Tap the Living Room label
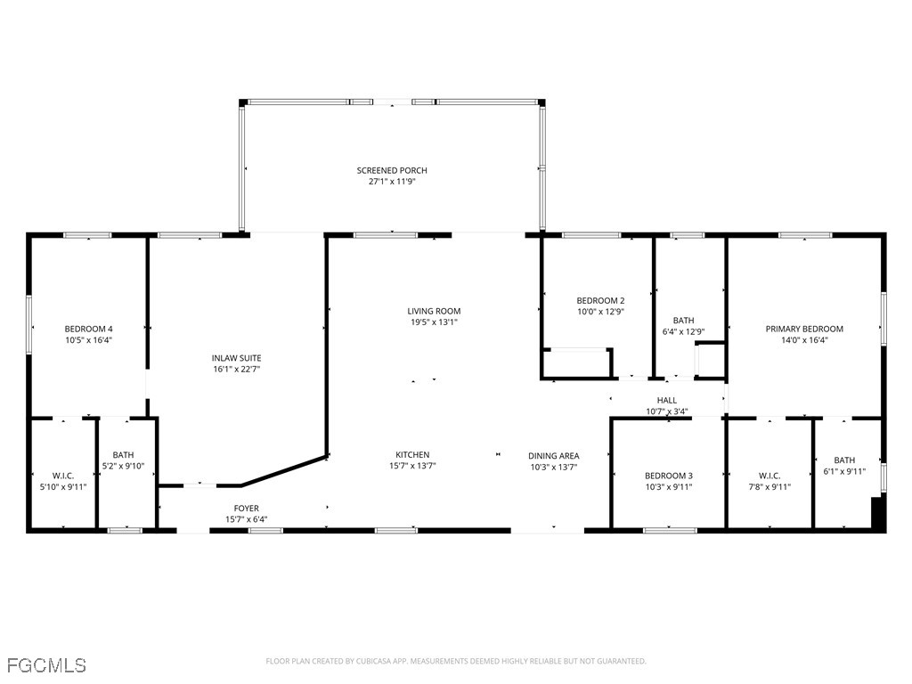(x=434, y=311)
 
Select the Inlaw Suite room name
(x=236, y=357)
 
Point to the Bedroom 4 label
(x=88, y=328)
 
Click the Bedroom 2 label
(x=600, y=300)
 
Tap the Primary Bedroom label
(x=804, y=329)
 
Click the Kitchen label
(x=412, y=454)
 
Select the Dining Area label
(x=553, y=455)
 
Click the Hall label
(x=667, y=401)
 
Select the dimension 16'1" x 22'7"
(x=236, y=369)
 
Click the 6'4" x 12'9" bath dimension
(x=683, y=332)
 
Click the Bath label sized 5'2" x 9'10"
(x=123, y=454)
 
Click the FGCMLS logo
(x=46, y=665)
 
